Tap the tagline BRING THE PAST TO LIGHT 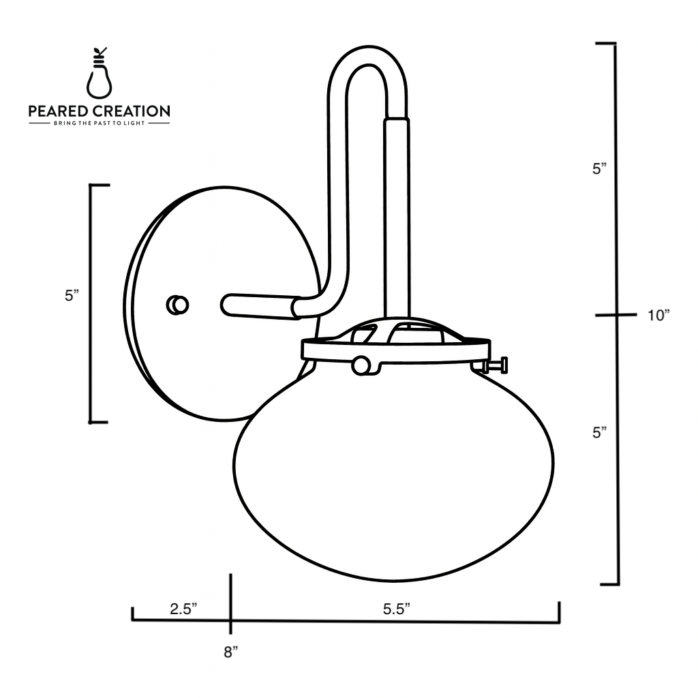(100, 124)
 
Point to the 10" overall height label (658, 315)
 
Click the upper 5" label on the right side (599, 169)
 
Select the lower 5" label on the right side (599, 432)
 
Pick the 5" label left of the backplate (72, 296)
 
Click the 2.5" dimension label (183, 609)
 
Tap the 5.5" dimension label (395, 609)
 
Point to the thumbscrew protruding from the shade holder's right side (497, 366)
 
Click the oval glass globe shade (394, 477)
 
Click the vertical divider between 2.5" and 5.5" (231, 604)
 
